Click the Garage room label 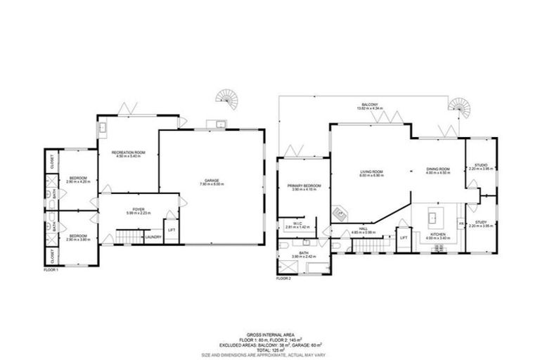212,181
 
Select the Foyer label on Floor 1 138,209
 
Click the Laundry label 153,237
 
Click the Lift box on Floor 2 404,238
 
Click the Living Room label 371,172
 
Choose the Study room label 481,223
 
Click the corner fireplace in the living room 340,212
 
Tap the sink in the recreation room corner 103,128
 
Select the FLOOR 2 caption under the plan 283,278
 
